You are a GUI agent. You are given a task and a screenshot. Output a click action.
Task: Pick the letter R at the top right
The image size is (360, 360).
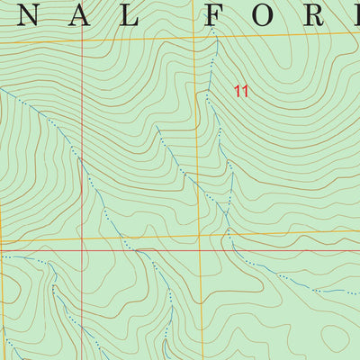(x=322, y=14)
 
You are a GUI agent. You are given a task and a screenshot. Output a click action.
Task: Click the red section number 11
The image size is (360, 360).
(x=240, y=90)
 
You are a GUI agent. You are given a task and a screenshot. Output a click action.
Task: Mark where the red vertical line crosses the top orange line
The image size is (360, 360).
(x=82, y=41)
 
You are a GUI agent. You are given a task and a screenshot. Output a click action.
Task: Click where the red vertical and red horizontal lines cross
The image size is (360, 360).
(x=82, y=245)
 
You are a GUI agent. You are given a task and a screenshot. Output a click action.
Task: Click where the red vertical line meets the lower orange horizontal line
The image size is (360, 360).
(x=82, y=240)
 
